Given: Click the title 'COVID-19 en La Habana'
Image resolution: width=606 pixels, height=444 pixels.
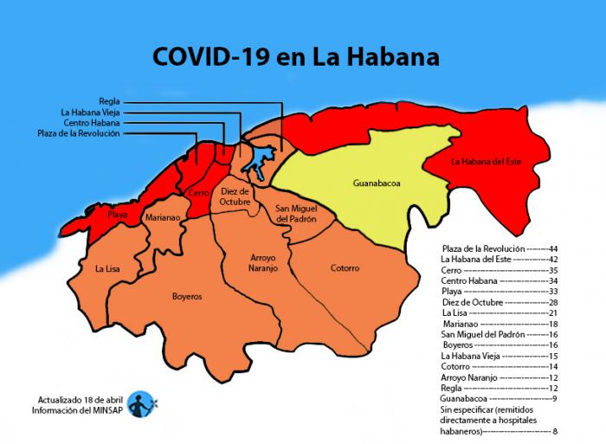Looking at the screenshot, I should point(295,57).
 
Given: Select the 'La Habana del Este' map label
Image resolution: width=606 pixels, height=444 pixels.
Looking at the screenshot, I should point(487,161).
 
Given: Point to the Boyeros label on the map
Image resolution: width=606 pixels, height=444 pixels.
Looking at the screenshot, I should point(186,296).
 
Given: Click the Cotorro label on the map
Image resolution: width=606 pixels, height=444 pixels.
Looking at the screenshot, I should point(345,268).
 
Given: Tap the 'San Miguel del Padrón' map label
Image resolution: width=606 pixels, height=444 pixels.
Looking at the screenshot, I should point(295,214).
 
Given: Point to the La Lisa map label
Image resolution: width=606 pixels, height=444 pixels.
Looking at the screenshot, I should point(107,269).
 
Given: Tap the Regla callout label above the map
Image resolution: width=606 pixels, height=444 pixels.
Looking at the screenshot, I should point(109,100).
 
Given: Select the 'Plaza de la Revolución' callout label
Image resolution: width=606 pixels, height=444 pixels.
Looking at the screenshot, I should point(79,133).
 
